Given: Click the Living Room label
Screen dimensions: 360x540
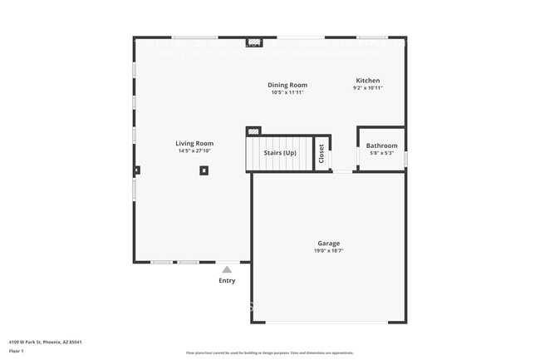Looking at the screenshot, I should coord(194,143).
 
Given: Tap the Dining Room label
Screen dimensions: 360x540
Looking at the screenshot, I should coord(287,85).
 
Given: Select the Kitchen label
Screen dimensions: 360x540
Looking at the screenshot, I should coord(367,80).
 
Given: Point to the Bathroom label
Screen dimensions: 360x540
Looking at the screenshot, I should coord(382,145).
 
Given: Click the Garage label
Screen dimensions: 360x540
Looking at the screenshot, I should coord(328,244).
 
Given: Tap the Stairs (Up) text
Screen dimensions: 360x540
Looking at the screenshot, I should coord(280,153).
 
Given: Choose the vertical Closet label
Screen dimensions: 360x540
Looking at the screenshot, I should coord(322,153).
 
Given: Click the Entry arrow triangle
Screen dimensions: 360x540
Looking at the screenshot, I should coord(227,269).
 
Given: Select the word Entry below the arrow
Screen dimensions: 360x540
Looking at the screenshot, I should coord(227,280).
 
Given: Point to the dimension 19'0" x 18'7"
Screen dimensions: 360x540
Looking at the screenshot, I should coord(328,251).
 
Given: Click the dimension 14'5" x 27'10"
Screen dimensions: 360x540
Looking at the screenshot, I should coord(194,151).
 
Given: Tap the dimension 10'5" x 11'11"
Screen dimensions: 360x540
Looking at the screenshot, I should coord(287,92).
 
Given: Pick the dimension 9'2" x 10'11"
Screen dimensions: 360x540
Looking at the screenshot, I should coord(367,87).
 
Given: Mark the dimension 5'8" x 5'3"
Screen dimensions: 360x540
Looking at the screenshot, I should coord(382,153).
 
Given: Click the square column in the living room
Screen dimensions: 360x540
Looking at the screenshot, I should coord(204,170).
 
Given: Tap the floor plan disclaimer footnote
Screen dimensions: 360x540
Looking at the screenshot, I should coord(269,353).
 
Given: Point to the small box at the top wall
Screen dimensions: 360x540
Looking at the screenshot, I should coord(255,42).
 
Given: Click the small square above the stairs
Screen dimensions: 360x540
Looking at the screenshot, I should coord(253,131).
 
